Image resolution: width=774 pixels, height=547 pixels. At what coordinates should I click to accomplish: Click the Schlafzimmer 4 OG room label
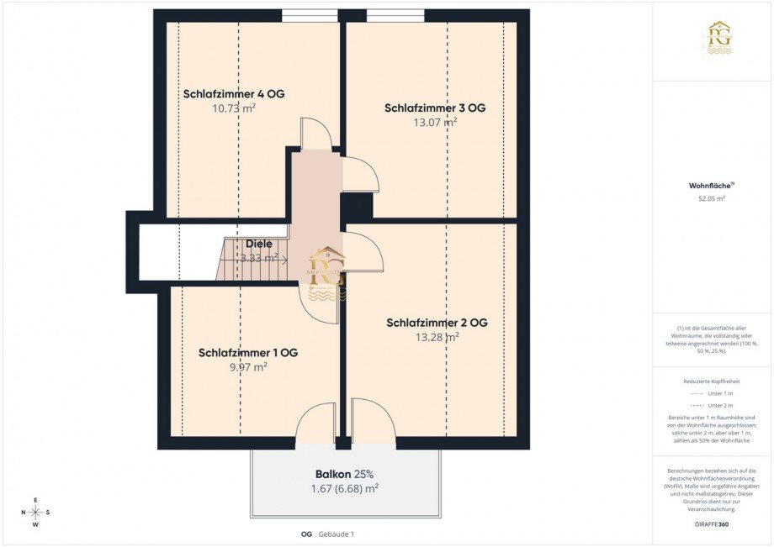tap(234, 93)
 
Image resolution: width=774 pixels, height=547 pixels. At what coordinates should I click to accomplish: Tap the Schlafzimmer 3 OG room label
tap(435, 108)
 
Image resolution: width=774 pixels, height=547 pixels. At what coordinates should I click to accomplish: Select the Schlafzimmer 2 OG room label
tap(437, 323)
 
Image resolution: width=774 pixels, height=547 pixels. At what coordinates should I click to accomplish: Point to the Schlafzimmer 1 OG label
tap(248, 352)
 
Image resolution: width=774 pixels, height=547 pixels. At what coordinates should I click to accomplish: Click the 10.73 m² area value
tap(235, 108)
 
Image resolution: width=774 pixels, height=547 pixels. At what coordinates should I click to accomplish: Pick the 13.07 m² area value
tap(435, 122)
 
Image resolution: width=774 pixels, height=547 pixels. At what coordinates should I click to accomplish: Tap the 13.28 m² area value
tap(437, 337)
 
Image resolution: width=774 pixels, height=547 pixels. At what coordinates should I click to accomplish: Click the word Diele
tap(259, 244)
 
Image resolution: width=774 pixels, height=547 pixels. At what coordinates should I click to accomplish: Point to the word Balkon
tap(332, 473)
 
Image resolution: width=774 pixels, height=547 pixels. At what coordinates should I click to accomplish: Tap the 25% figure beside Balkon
tap(363, 473)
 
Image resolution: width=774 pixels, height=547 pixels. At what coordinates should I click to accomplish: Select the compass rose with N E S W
tap(36, 512)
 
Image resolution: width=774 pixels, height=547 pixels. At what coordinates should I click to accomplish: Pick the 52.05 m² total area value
tap(712, 199)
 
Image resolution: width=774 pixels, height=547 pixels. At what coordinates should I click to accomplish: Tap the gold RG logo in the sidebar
tap(719, 39)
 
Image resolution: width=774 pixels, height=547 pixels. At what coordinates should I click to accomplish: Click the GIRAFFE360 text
tap(712, 523)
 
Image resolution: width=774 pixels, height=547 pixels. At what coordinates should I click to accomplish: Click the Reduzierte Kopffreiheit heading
tap(712, 381)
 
